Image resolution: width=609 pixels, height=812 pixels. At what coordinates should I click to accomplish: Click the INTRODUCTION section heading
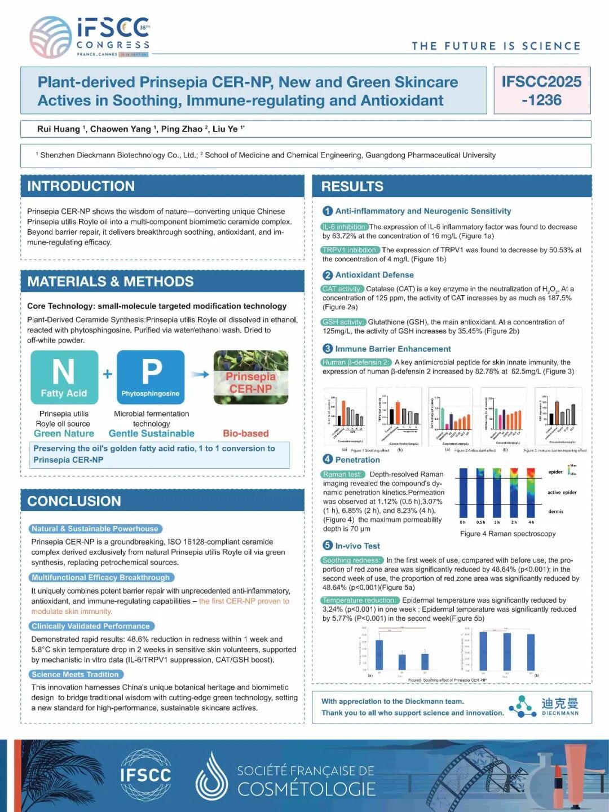click(81, 186)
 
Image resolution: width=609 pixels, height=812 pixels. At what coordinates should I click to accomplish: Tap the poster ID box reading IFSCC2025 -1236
click(541, 91)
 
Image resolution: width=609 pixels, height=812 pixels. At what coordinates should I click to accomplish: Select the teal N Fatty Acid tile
click(64, 377)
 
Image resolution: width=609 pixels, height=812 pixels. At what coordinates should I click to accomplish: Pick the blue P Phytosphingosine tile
click(151, 377)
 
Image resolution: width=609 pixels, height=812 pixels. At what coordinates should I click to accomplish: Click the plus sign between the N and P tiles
click(108, 374)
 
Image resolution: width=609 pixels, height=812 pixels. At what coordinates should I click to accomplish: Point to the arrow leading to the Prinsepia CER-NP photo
click(200, 374)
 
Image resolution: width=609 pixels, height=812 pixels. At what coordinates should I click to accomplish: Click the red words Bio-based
click(246, 433)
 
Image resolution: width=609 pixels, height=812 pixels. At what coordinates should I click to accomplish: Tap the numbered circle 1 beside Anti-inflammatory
click(328, 211)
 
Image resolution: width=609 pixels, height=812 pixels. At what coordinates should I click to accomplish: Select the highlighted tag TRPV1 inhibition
click(350, 250)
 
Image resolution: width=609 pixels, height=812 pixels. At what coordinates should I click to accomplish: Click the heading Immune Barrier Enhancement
click(393, 349)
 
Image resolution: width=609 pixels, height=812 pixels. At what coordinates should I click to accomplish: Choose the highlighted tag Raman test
click(342, 475)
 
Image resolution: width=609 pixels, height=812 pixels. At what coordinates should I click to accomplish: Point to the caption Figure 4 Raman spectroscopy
click(507, 534)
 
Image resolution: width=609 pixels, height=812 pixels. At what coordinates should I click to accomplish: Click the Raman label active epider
click(562, 493)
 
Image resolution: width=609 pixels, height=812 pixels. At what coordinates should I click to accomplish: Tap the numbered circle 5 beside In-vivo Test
click(328, 545)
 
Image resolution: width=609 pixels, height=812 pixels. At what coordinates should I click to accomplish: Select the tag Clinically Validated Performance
click(91, 626)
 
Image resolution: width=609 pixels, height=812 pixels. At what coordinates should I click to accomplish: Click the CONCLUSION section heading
click(74, 501)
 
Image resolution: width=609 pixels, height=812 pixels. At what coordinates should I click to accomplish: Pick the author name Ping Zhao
click(182, 129)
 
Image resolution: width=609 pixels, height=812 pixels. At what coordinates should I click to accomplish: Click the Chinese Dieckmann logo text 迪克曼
click(560, 703)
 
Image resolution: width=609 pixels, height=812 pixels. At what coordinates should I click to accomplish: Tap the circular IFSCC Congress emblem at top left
click(50, 37)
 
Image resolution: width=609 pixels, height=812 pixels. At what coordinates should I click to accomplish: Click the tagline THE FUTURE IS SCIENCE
click(496, 46)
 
